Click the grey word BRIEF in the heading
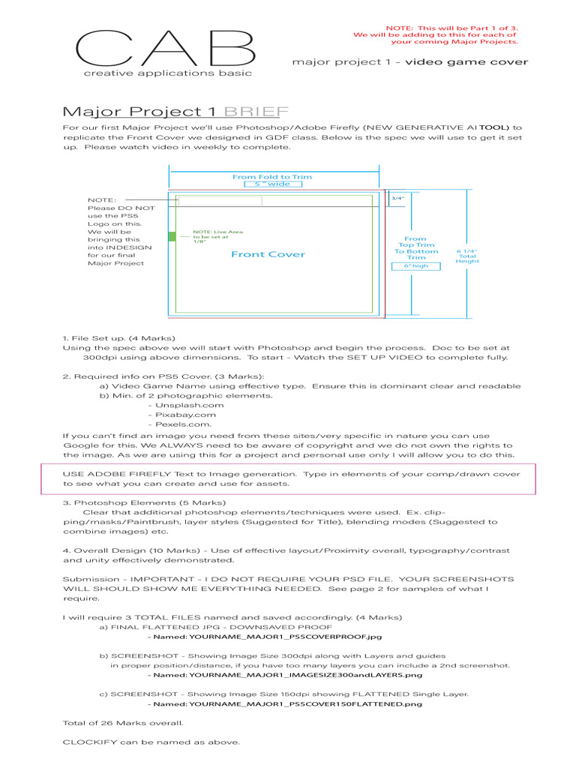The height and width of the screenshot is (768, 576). tap(257, 112)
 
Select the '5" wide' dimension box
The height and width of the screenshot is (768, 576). tap(273, 183)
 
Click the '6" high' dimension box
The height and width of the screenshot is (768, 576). tap(415, 265)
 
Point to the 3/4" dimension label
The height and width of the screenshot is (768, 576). tap(397, 199)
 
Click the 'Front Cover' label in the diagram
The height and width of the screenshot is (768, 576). tap(268, 254)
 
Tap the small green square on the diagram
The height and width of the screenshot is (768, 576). tap(172, 236)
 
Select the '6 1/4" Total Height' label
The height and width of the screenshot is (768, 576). tap(467, 256)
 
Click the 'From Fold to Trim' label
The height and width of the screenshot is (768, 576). tap(272, 176)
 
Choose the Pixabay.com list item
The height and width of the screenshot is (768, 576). tap(186, 415)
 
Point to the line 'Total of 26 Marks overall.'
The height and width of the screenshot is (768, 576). tap(123, 723)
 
